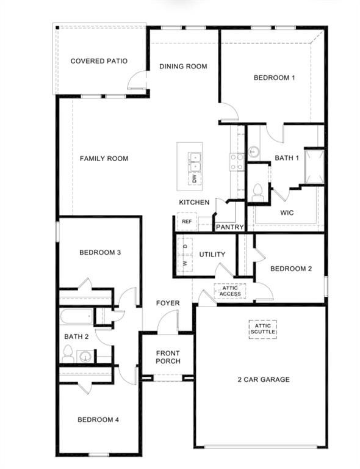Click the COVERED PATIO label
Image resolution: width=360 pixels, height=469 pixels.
click(x=98, y=61)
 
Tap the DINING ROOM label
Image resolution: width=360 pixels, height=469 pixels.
click(x=183, y=67)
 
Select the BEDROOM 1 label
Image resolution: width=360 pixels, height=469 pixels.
click(x=274, y=78)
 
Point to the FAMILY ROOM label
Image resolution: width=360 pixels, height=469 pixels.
click(x=104, y=159)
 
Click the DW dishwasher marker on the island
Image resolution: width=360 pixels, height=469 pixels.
click(x=195, y=179)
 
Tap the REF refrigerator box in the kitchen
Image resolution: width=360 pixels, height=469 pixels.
click(x=186, y=222)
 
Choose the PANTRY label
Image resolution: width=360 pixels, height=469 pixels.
click(x=230, y=227)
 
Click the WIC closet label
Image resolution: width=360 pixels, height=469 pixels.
click(x=287, y=213)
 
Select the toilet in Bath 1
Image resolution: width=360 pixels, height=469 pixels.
click(x=257, y=191)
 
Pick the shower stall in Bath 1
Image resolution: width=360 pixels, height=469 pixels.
click(x=314, y=165)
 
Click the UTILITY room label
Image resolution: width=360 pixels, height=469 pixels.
click(x=212, y=255)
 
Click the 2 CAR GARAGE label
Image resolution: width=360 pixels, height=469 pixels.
click(x=264, y=380)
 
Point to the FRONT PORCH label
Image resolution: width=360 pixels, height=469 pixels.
click(x=168, y=357)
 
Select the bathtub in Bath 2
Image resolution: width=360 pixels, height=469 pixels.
click(x=76, y=317)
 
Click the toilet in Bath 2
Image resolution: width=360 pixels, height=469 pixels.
click(x=68, y=354)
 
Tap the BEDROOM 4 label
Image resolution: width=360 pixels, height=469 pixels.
click(x=98, y=420)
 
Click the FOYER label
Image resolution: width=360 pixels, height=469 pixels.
click(x=168, y=303)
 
